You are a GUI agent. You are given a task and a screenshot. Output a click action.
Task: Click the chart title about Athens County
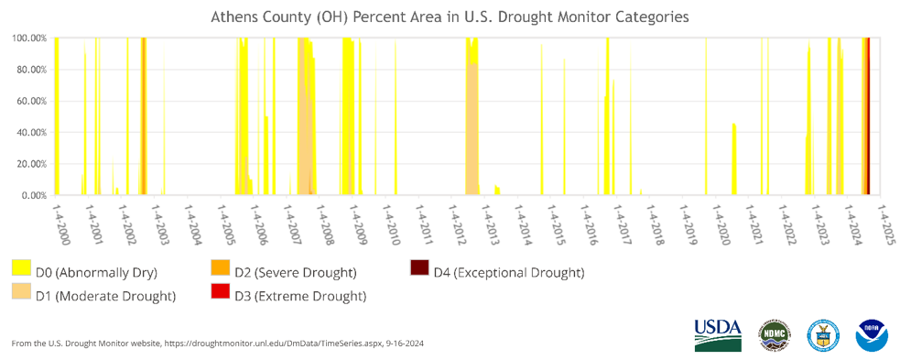pos(450,16)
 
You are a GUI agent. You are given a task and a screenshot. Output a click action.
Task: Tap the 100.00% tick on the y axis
pos(29,38)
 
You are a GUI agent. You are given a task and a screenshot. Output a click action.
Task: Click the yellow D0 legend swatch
pos(21,268)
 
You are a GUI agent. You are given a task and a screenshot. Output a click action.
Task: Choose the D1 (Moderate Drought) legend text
pos(104,295)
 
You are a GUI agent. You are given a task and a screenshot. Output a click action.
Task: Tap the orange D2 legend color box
pos(220,268)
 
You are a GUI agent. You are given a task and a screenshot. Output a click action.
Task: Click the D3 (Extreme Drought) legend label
pos(300,295)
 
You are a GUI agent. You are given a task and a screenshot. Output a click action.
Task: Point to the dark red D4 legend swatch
pos(418,268)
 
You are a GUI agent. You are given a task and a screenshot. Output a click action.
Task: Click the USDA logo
pos(717,334)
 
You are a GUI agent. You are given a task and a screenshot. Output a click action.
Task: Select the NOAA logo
pos(871,335)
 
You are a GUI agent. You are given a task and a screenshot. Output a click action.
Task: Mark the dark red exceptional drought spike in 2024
pos(866,119)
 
